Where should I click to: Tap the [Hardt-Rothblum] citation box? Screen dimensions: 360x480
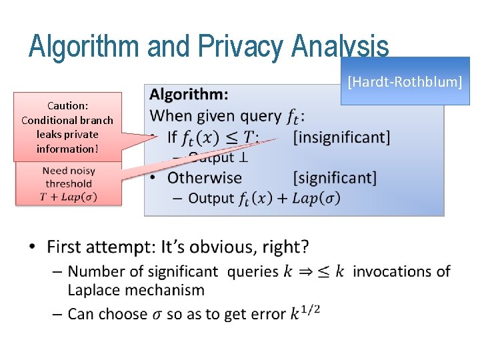click(405, 81)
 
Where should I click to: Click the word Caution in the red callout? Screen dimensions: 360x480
click(67, 105)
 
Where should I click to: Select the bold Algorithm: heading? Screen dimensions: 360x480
click(189, 95)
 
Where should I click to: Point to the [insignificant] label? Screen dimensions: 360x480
click(341, 137)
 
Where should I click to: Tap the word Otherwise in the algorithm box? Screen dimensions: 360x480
click(204, 177)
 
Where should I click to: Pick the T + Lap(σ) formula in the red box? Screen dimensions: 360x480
click(69, 195)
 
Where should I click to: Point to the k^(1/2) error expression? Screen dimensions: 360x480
click(305, 312)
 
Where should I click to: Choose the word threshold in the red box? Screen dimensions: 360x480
click(69, 183)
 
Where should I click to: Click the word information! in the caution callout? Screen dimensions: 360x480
click(67, 148)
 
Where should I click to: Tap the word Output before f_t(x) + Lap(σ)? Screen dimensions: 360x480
click(211, 198)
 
